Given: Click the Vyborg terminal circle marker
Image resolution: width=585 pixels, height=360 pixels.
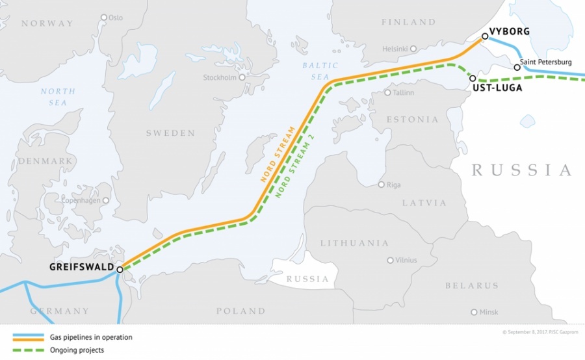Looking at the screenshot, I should [485, 36].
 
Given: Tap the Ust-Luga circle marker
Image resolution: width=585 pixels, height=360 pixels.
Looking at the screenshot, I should [473, 78].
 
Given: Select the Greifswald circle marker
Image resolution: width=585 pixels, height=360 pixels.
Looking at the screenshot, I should [120, 268].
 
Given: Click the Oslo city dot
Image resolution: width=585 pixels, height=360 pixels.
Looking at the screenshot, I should [104, 18].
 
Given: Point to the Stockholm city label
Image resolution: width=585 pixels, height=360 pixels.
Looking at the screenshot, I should [220, 77].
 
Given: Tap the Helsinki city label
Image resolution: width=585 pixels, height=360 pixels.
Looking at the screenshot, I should [395, 49].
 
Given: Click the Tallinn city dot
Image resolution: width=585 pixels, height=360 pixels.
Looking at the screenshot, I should [388, 92].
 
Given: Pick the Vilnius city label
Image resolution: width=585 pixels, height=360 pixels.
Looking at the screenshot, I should [405, 260].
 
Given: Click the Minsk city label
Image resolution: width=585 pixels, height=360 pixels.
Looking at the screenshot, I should [488, 312].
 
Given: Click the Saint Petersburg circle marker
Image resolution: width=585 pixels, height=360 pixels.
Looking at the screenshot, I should [517, 67].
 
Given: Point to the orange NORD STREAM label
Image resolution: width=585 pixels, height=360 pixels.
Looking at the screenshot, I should [277, 155].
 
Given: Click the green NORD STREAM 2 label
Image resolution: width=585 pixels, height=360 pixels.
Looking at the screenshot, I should [291, 168].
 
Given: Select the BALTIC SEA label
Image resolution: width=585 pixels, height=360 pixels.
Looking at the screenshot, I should [320, 71].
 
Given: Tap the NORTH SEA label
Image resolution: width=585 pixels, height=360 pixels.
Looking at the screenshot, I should [57, 97].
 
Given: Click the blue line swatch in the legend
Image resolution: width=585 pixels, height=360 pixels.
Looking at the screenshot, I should [27, 337].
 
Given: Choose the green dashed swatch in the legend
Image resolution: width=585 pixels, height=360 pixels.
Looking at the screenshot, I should [27, 350].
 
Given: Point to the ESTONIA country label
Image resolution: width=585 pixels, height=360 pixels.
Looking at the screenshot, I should [412, 120].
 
